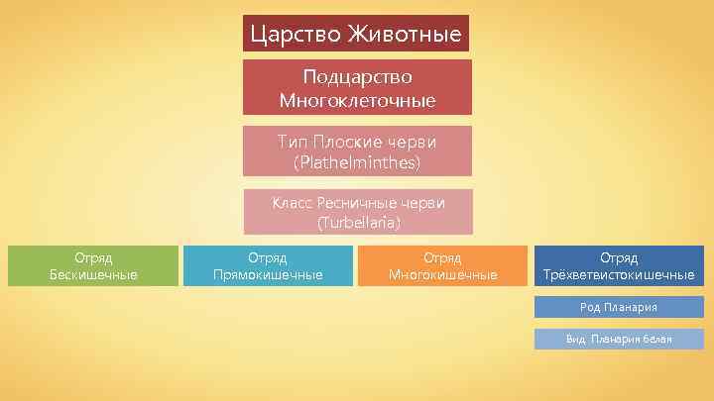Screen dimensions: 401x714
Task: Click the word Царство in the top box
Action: (x=295, y=36)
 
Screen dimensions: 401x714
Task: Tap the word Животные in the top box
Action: (x=403, y=36)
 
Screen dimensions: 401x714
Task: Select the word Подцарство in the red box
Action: (x=357, y=77)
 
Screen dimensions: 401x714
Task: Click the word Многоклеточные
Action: (x=357, y=100)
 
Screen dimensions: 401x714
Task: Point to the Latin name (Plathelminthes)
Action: (x=357, y=161)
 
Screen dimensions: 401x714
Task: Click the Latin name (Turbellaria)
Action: (x=358, y=223)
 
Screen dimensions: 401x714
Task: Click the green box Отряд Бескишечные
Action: (x=93, y=265)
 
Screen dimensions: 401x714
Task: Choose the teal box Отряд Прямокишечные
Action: (x=268, y=265)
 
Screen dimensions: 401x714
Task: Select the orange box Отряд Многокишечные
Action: (x=442, y=265)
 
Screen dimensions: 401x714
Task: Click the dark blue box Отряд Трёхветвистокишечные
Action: (x=619, y=265)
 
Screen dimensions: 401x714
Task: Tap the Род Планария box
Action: (x=619, y=307)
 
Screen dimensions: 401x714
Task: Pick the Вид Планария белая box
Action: (x=619, y=340)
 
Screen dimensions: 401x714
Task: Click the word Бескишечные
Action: (x=93, y=274)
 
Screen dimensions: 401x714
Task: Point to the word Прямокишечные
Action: (x=268, y=274)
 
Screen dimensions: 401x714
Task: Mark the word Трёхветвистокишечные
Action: (x=619, y=274)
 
